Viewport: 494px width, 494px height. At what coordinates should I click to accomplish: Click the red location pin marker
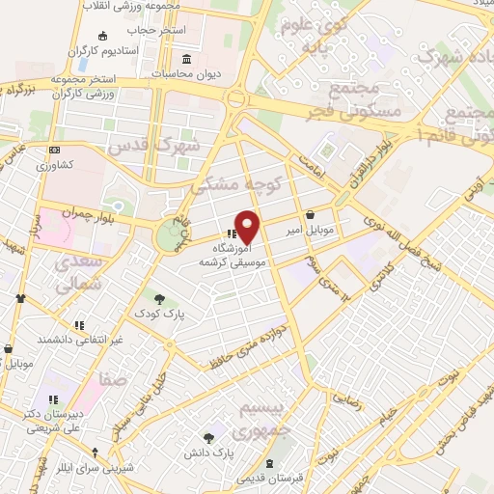click(x=248, y=226)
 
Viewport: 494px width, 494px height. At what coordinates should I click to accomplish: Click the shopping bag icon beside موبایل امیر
click(x=310, y=215)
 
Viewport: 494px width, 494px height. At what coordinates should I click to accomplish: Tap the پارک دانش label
click(x=210, y=452)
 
